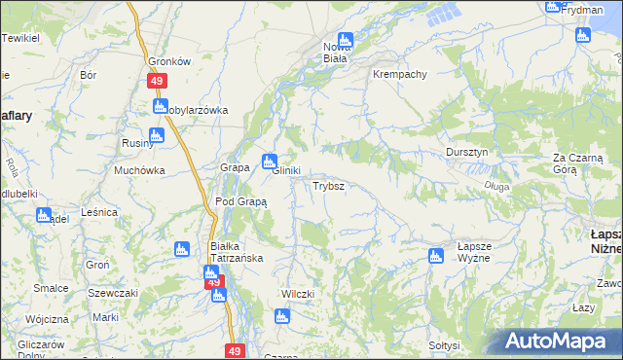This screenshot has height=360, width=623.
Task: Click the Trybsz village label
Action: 326,185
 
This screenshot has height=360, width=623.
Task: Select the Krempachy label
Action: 400,74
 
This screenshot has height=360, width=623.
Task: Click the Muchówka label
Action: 139,170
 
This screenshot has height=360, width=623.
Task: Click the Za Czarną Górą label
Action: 579,162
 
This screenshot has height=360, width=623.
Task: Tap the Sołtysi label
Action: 443,345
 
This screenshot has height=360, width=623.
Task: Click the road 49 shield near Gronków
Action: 156,83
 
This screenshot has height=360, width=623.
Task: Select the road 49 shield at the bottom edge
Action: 234,350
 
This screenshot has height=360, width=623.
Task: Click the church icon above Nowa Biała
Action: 345,40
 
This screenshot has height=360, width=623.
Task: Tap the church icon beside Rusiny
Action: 157,136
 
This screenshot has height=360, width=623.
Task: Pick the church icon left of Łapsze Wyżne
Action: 435,256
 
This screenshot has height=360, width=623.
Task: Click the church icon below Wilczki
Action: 282,315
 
